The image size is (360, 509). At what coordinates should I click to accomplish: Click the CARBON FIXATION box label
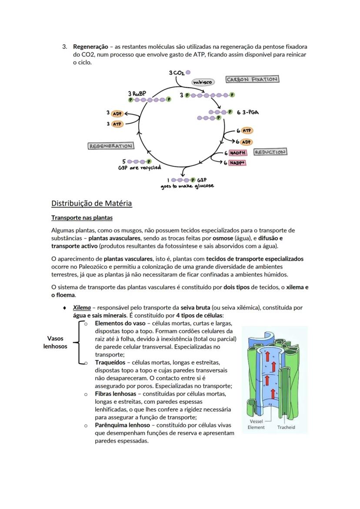pyautogui.click(x=252, y=79)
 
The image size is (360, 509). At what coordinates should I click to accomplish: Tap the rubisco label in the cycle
pyautogui.click(x=203, y=82)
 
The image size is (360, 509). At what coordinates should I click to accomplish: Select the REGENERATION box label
pyautogui.click(x=111, y=146)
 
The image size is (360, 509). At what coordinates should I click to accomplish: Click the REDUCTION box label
pyautogui.click(x=270, y=152)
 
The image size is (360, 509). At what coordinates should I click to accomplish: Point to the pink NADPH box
pyautogui.click(x=238, y=153)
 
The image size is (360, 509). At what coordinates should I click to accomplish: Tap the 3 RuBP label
pyautogui.click(x=137, y=93)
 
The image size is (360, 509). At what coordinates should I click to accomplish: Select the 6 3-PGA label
pyautogui.click(x=248, y=112)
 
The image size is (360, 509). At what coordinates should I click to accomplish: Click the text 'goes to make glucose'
pyautogui.click(x=187, y=186)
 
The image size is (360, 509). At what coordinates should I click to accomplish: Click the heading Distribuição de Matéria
pyautogui.click(x=91, y=203)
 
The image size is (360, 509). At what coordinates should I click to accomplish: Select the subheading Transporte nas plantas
pyautogui.click(x=82, y=217)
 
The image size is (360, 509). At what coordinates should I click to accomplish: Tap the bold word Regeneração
pyautogui.click(x=90, y=46)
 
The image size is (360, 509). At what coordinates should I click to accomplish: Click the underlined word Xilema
pyautogui.click(x=82, y=307)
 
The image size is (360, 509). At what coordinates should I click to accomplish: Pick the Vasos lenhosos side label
pyautogui.click(x=55, y=342)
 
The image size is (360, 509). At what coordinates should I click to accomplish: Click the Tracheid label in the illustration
pyautogui.click(x=286, y=427)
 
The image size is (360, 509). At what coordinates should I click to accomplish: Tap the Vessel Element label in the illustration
pyautogui.click(x=257, y=424)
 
